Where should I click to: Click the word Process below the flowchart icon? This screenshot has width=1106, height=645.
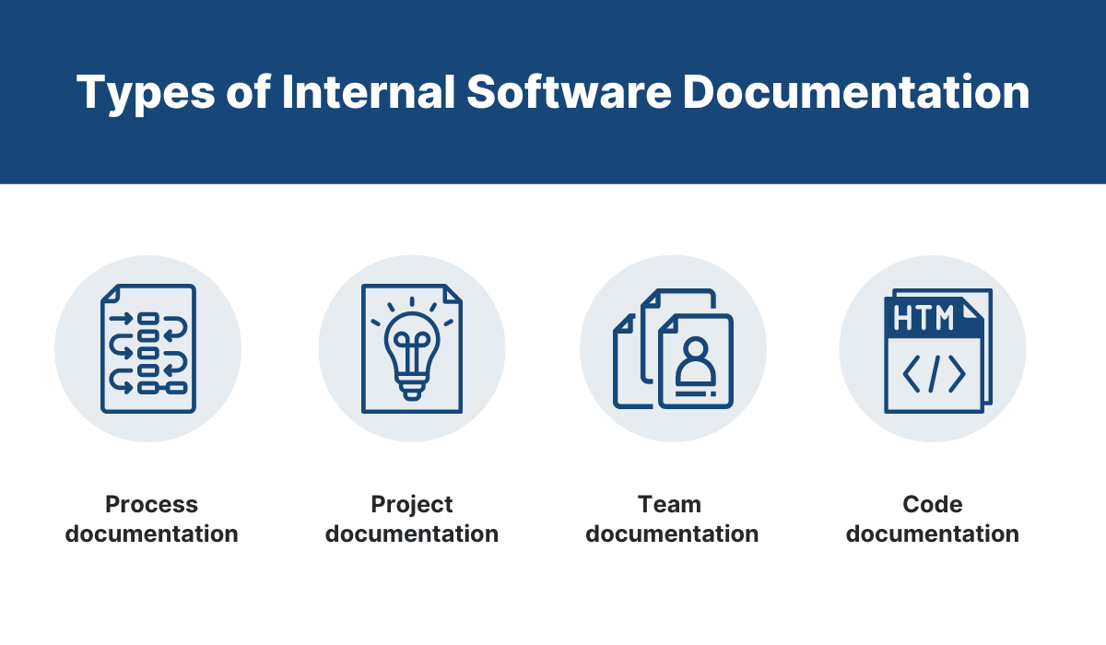pyautogui.click(x=152, y=505)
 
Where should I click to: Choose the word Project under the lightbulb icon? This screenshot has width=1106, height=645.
pyautogui.click(x=412, y=505)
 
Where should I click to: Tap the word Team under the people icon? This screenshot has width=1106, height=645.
pyautogui.click(x=670, y=505)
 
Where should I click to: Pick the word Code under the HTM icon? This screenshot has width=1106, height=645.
pyautogui.click(x=933, y=505)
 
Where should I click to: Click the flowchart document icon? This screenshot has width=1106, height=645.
pyautogui.click(x=148, y=348)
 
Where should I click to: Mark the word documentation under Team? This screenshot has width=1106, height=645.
pyautogui.click(x=672, y=534)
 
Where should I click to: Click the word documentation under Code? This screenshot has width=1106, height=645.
pyautogui.click(x=933, y=534)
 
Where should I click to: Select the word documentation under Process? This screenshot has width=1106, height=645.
pyautogui.click(x=152, y=534)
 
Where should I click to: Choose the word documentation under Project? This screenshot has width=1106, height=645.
pyautogui.click(x=412, y=534)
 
